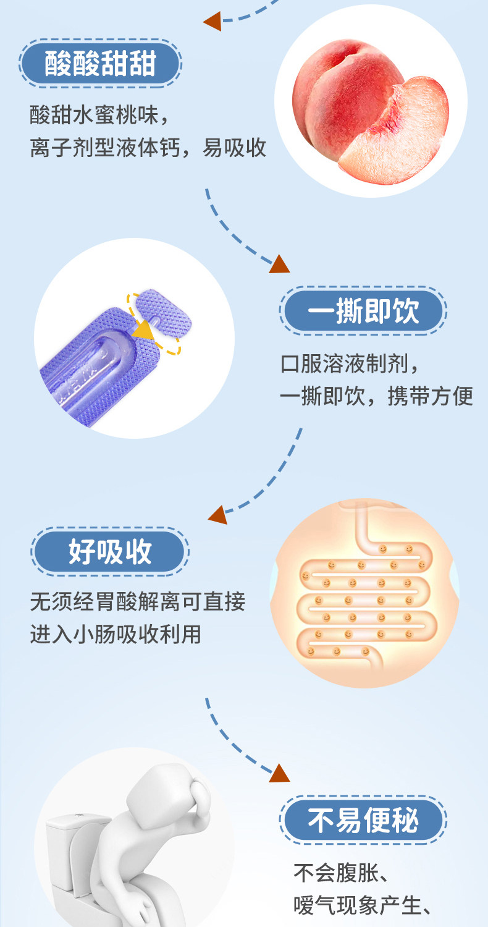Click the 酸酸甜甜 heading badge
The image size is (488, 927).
click(99, 64)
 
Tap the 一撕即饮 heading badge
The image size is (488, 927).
click(363, 311)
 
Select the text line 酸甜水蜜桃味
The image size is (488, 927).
click(99, 115)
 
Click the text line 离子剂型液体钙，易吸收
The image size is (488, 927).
click(148, 148)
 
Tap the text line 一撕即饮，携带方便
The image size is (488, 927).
click(376, 396)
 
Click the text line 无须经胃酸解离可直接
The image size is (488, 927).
click(137, 601)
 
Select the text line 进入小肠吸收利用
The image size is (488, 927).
click(116, 633)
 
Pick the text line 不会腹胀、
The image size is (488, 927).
click(340, 873)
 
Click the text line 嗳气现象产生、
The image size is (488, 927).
click(362, 905)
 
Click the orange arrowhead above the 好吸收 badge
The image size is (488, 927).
click(217, 515)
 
